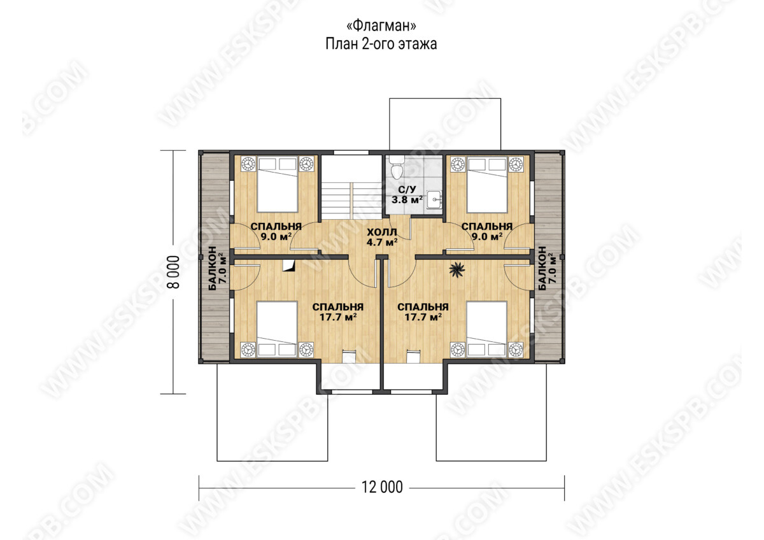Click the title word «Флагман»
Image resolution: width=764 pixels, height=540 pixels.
(381, 25)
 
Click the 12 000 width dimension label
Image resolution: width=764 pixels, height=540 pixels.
(382, 487)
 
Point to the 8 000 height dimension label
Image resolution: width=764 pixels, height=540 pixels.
(174, 272)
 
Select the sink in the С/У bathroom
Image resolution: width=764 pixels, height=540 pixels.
(434, 200)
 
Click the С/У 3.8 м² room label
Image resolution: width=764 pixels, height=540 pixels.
(407, 194)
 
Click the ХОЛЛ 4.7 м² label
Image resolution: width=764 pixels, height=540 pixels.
(382, 237)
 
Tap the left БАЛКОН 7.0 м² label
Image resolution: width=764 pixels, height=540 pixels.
(217, 268)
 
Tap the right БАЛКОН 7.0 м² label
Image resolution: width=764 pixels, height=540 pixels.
(547, 268)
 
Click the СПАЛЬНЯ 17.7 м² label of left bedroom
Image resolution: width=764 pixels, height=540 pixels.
(337, 312)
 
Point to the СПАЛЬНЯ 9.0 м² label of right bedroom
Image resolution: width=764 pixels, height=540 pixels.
(486, 231)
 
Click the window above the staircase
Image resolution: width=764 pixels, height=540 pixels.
(351, 152)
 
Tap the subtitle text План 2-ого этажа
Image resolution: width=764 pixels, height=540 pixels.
(381, 45)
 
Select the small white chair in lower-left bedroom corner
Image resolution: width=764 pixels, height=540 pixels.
(349, 357)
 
